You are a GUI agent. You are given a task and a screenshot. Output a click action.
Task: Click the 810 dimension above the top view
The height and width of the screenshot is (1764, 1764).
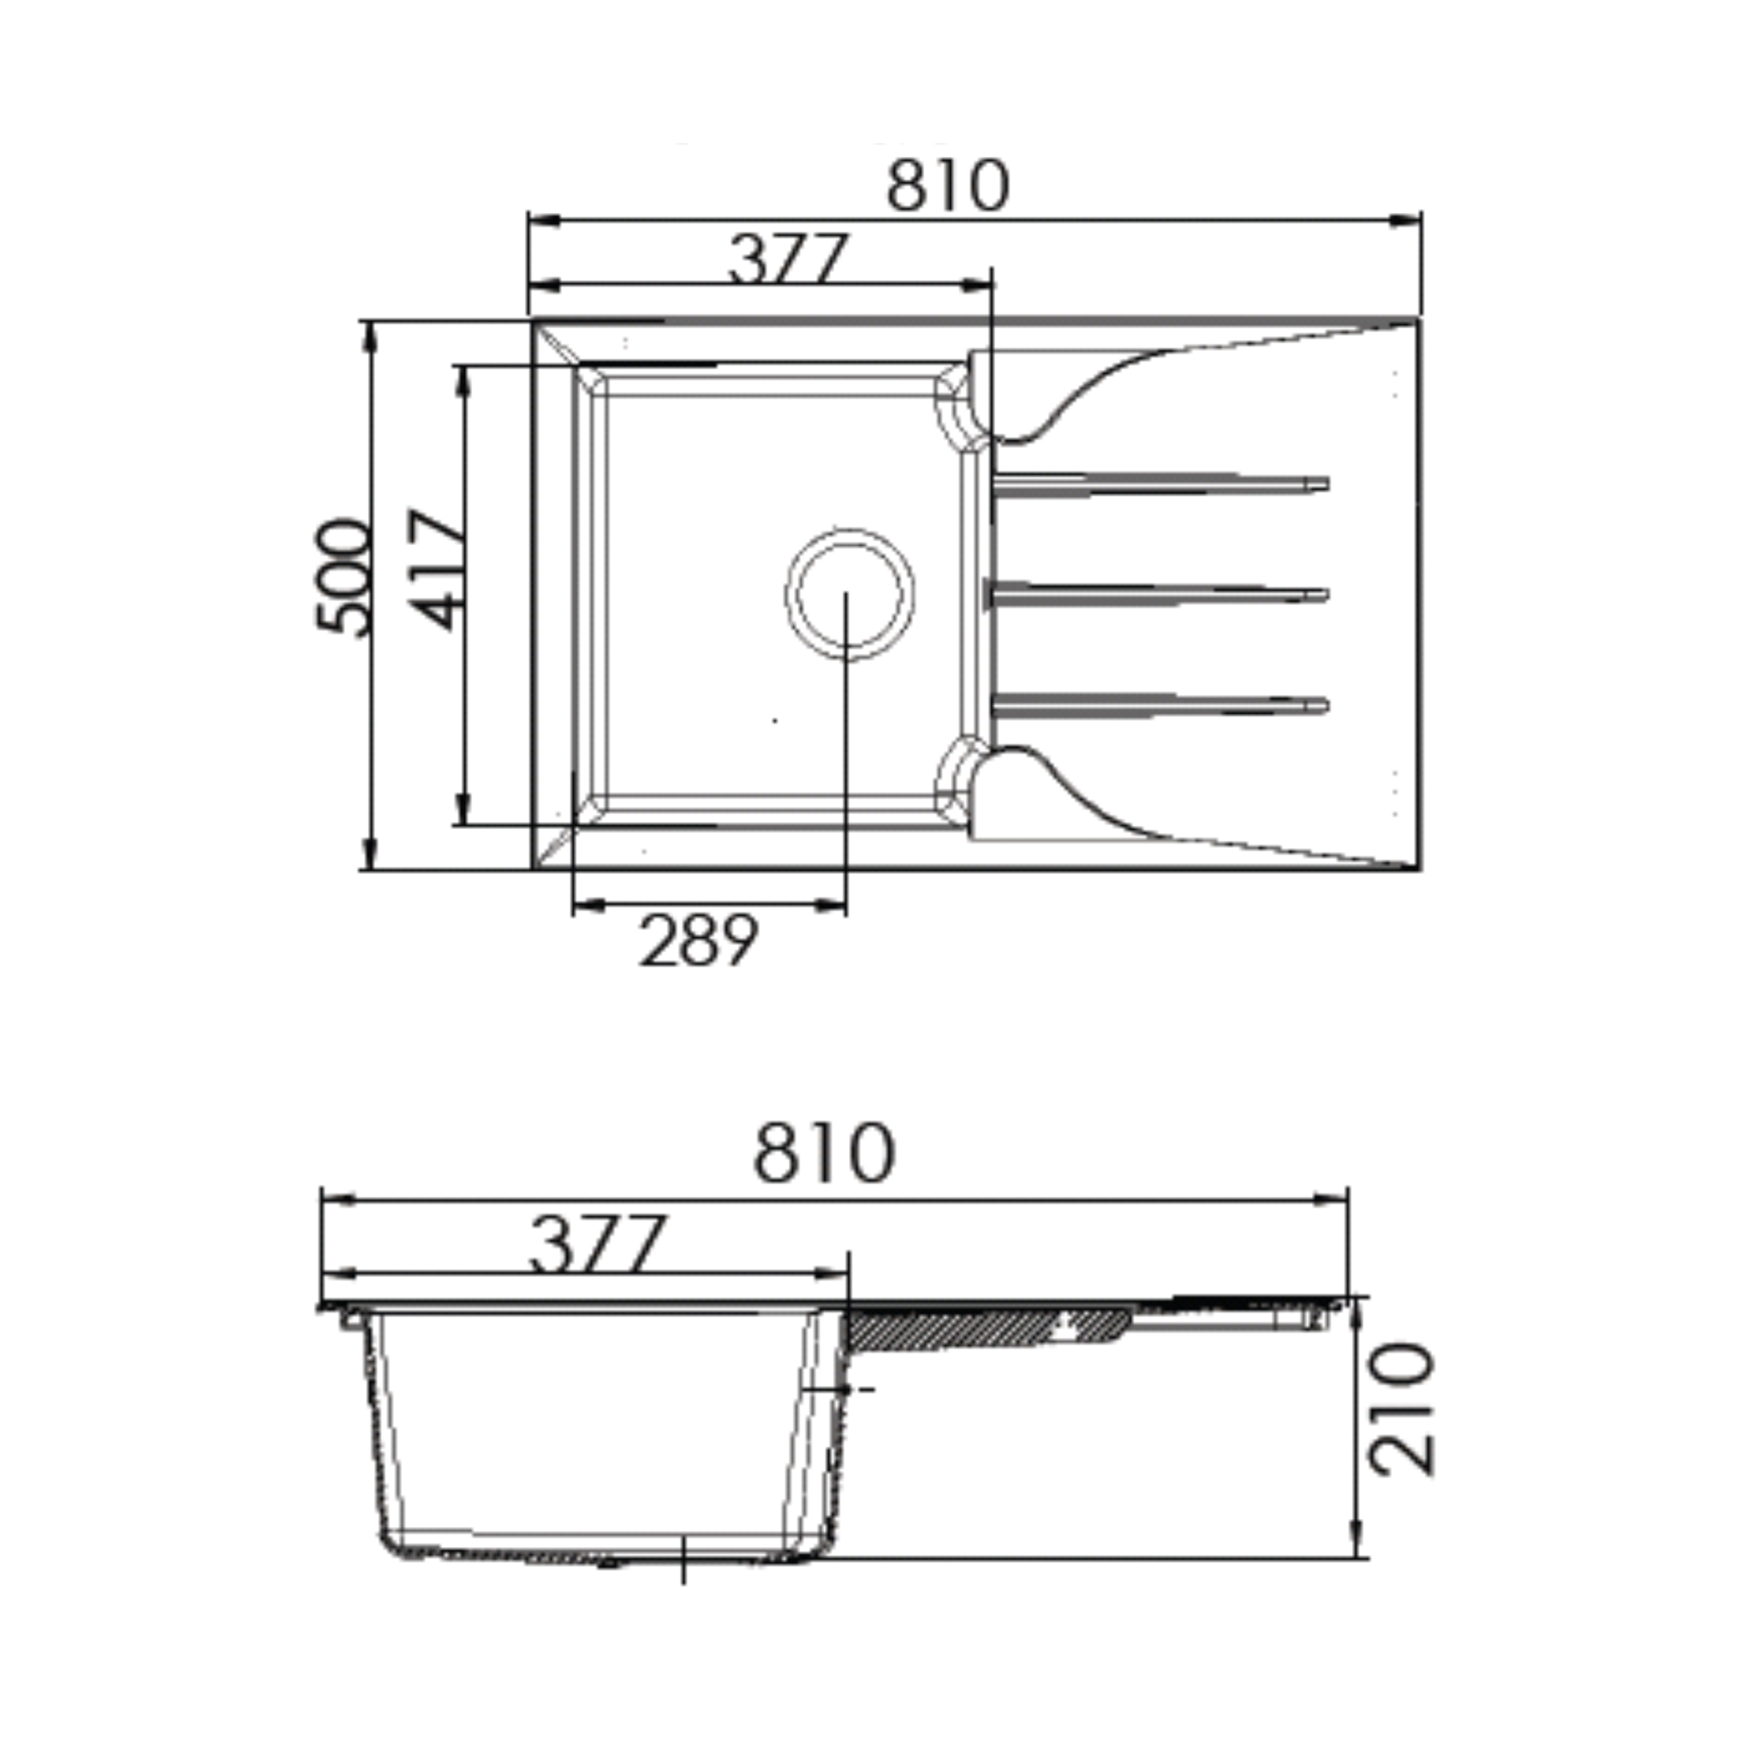[x=947, y=186]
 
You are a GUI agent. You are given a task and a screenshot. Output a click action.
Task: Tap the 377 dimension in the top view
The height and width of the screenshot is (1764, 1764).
[x=789, y=258]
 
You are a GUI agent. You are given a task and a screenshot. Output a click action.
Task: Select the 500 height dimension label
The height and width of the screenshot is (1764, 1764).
[x=342, y=576]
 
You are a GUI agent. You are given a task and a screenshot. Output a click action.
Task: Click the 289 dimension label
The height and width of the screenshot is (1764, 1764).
[x=699, y=941]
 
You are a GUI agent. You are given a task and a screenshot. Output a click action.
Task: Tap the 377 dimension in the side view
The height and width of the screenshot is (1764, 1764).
[x=596, y=1244]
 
